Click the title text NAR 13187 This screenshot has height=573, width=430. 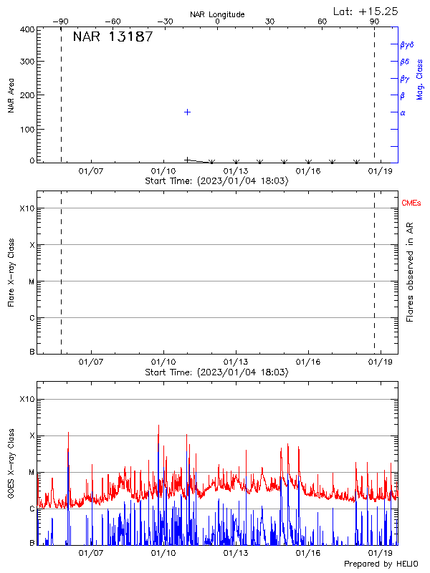pos(113,37)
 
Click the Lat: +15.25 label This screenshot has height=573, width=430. pos(366,11)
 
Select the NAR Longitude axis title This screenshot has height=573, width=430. pos(217,14)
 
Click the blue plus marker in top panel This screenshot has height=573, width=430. pos(187,112)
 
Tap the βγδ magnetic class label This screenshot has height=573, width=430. pos(407,44)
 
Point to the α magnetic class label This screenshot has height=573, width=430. pos(403,112)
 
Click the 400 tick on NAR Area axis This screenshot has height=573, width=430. pos(27,30)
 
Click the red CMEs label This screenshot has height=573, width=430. pos(411,204)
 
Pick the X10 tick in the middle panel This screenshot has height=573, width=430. pos(27,208)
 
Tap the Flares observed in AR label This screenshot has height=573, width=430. pos(410,273)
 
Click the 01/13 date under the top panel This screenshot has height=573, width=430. pos(236,171)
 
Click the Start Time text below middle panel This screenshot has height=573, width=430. pos(217,372)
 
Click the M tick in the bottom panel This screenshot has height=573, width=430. pos(31,472)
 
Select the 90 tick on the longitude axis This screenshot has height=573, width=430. pos(374,21)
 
